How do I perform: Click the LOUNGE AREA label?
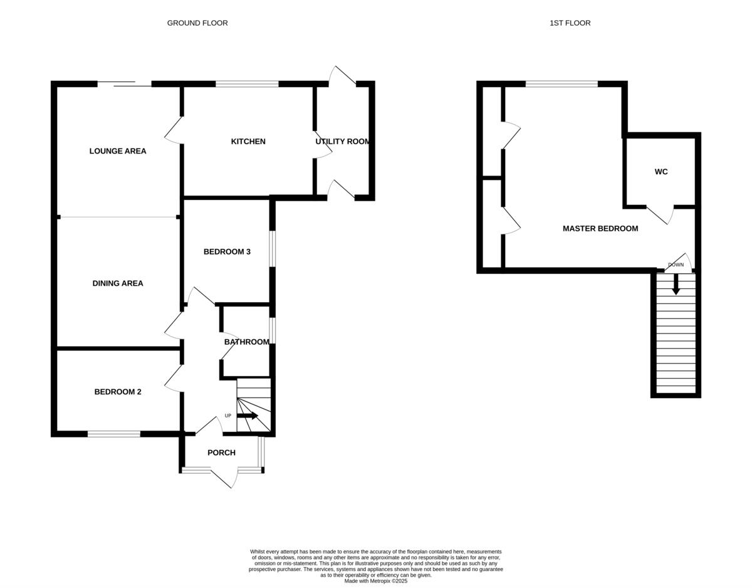pyautogui.click(x=118, y=151)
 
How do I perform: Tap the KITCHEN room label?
pyautogui.click(x=248, y=142)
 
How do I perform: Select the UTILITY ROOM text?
pyautogui.click(x=343, y=142)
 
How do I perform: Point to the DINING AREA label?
pyautogui.click(x=118, y=283)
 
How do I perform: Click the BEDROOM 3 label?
pyautogui.click(x=227, y=252)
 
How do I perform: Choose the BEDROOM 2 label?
pyautogui.click(x=118, y=392)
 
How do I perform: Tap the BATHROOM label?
pyautogui.click(x=247, y=342)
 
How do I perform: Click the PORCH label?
pyautogui.click(x=221, y=453)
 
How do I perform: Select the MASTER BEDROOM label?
pyautogui.click(x=600, y=229)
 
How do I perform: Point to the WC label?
pyautogui.click(x=661, y=172)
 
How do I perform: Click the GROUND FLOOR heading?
pyautogui.click(x=197, y=23)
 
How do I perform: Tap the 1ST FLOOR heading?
pyautogui.click(x=570, y=23)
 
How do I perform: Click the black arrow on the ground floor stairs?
pyautogui.click(x=248, y=416)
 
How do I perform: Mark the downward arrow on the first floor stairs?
pyautogui.click(x=676, y=285)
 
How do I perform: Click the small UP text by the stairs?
pyautogui.click(x=228, y=416)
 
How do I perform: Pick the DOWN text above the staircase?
pyautogui.click(x=676, y=265)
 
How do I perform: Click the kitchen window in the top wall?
pyautogui.click(x=247, y=83)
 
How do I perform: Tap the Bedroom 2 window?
pyautogui.click(x=114, y=434)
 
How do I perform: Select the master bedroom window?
pyautogui.click(x=561, y=83)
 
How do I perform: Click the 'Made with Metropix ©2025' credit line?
pyautogui.click(x=376, y=581)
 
